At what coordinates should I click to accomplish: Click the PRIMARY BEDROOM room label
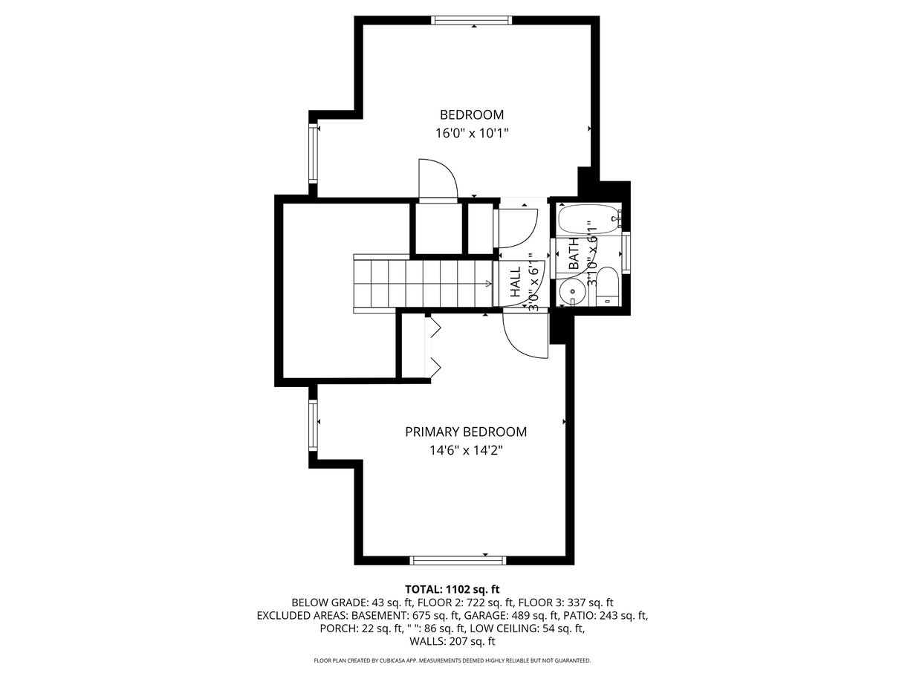pyautogui.click(x=465, y=432)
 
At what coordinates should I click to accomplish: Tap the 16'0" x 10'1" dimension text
pyautogui.click(x=472, y=133)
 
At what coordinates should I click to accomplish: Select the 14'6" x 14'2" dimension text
pyautogui.click(x=467, y=450)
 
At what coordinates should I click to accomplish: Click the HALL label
pyautogui.click(x=516, y=282)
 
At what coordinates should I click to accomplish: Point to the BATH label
pyautogui.click(x=574, y=254)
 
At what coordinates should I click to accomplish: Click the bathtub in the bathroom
pyautogui.click(x=588, y=219)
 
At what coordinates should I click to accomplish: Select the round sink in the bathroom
pyautogui.click(x=572, y=291)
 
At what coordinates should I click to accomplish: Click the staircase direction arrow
pyautogui.click(x=489, y=284)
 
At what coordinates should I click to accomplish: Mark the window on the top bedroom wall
pyautogui.click(x=472, y=20)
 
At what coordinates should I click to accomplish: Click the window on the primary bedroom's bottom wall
pyautogui.click(x=458, y=560)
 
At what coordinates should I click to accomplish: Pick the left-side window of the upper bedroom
pyautogui.click(x=314, y=153)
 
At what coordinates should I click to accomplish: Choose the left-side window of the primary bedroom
pyautogui.click(x=314, y=426)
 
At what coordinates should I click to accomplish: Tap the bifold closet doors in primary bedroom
pyautogui.click(x=433, y=347)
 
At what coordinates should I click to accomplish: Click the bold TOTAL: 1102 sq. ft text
pyautogui.click(x=452, y=590)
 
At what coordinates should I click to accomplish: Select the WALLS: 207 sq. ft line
pyautogui.click(x=452, y=641)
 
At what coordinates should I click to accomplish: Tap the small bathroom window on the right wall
pyautogui.click(x=626, y=253)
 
